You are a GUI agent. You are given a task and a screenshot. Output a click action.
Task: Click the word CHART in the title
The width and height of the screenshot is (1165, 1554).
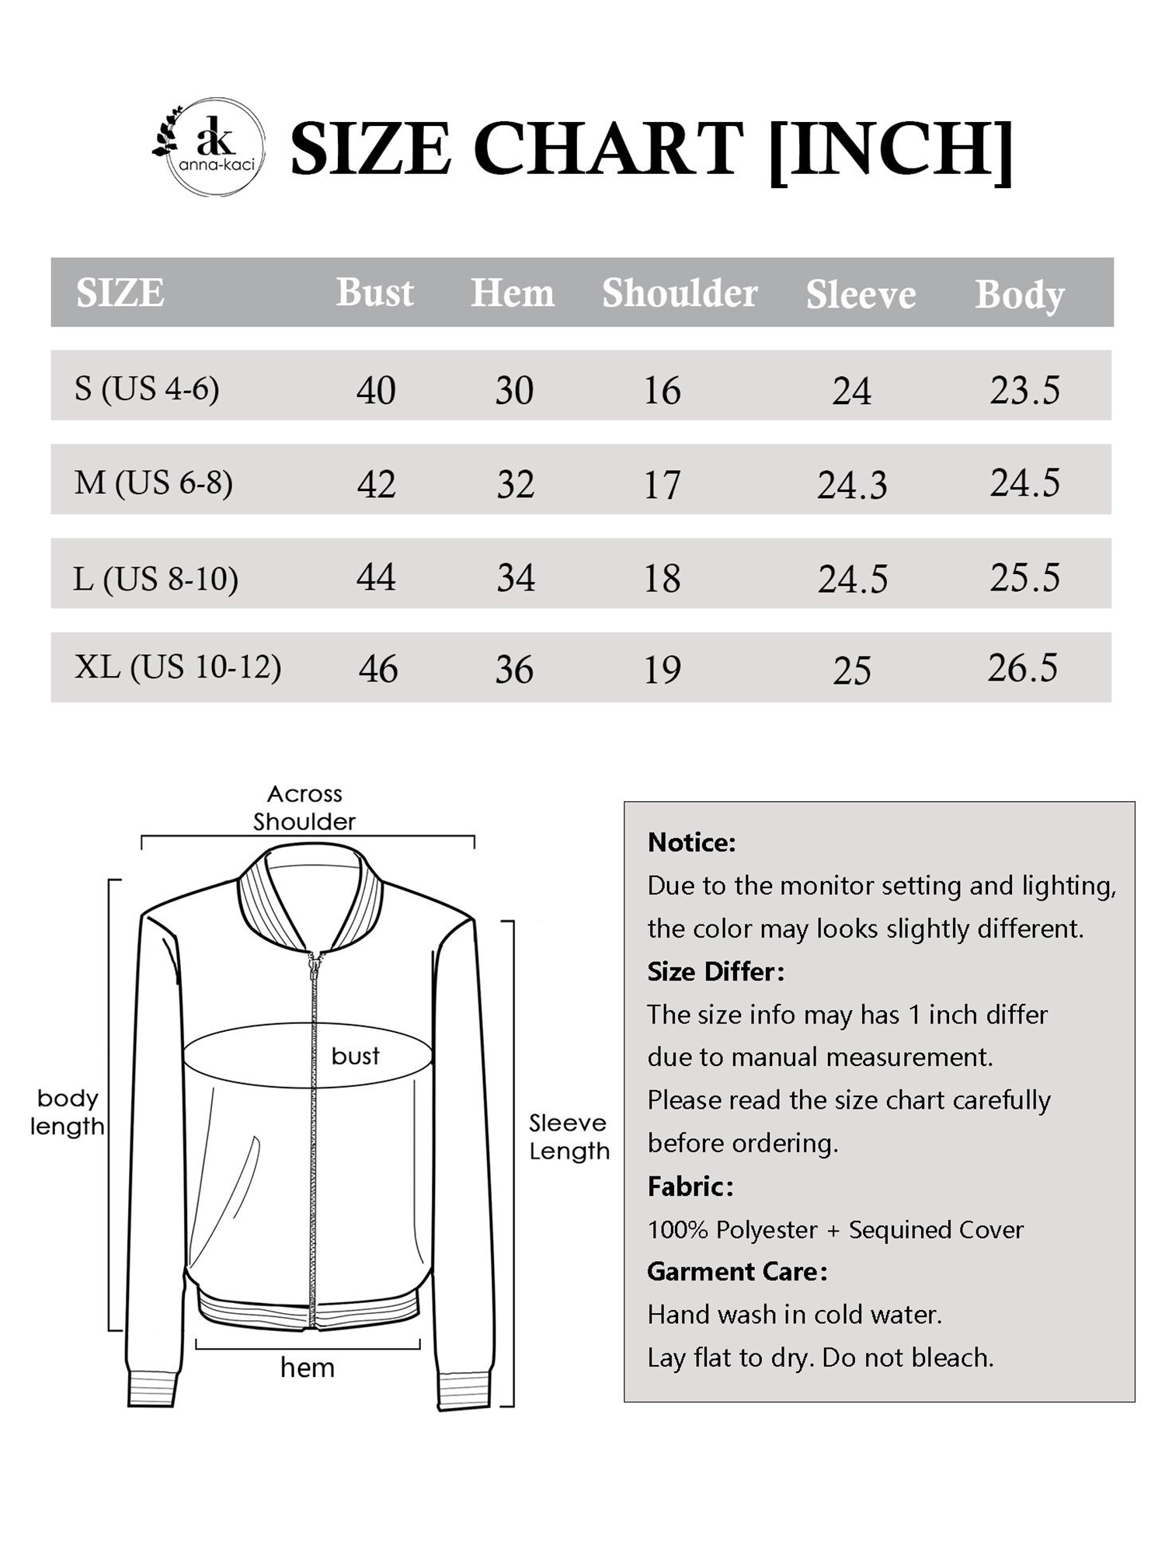click(608, 149)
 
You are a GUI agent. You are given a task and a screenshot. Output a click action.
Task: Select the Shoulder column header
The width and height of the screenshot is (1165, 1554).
click(680, 293)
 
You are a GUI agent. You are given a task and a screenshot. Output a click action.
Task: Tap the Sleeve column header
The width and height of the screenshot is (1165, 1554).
click(861, 294)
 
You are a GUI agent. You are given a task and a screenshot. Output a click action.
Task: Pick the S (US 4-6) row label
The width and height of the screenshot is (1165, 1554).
click(147, 388)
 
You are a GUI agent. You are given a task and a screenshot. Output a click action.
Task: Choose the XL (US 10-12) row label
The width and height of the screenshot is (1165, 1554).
click(178, 667)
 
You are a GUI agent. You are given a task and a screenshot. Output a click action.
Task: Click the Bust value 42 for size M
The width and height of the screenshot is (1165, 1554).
click(377, 484)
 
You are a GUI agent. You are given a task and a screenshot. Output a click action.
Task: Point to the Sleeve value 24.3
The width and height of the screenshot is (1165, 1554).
click(852, 486)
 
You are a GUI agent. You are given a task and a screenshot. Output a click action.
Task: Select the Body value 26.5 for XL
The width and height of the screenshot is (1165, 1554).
click(1023, 668)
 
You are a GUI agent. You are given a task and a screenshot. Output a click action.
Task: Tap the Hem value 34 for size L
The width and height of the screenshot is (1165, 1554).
click(516, 578)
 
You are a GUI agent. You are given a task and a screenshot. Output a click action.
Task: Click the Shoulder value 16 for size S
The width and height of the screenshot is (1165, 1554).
click(662, 390)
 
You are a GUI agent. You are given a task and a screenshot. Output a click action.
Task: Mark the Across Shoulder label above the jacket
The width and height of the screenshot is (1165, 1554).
click(304, 807)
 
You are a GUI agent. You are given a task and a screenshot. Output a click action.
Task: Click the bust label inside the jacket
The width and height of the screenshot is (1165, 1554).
click(355, 1055)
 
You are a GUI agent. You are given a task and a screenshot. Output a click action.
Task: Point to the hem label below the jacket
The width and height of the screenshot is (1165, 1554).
click(308, 1368)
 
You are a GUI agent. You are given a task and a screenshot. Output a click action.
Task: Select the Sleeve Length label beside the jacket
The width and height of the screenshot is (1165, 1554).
click(569, 1136)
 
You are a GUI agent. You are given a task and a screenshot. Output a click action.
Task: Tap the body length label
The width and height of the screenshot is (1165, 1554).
click(67, 1112)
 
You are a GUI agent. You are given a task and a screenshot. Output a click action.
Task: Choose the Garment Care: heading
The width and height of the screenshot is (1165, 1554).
click(737, 1271)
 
